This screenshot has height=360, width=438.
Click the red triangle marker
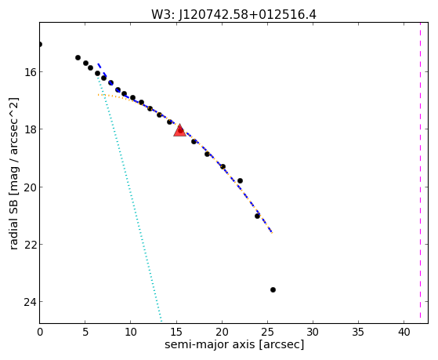tap(179, 130)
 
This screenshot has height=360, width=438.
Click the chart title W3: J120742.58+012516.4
tap(233, 14)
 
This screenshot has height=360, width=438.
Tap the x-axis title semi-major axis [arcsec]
tap(234, 344)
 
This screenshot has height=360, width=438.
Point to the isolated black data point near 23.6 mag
tap(273, 289)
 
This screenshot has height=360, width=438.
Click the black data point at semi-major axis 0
tap(39, 44)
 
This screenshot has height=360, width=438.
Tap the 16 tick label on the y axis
tap(29, 72)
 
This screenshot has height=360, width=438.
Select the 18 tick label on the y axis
tap(29, 129)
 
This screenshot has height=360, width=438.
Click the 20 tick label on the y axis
tap(29, 187)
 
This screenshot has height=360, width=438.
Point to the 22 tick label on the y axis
tap(29, 245)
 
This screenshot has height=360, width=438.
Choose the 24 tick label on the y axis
tap(29, 302)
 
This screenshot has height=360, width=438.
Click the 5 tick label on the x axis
tap(85, 332)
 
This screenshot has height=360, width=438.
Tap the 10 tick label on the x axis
tap(131, 332)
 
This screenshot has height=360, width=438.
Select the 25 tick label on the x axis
tap(267, 332)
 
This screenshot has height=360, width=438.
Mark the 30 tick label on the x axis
tap(313, 332)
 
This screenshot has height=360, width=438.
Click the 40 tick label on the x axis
tap(404, 332)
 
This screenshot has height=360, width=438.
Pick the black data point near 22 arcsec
tap(240, 180)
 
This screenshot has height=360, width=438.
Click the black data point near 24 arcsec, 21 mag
tap(257, 216)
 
